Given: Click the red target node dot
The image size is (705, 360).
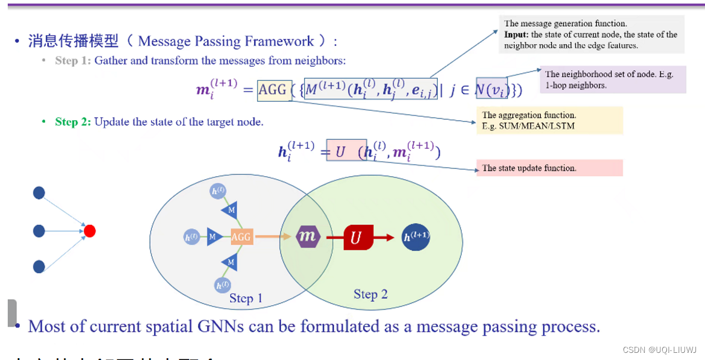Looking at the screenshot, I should [x=90, y=231].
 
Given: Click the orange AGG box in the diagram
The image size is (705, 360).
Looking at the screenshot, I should [x=241, y=237].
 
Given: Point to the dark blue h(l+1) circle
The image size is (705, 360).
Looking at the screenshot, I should [x=416, y=237].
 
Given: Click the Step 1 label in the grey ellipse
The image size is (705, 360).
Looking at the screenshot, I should [x=246, y=298].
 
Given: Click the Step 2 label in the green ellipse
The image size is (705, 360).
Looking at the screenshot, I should [x=371, y=294].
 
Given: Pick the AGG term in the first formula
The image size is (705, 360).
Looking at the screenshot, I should [x=272, y=90].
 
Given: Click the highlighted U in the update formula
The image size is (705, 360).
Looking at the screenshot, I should [x=341, y=152].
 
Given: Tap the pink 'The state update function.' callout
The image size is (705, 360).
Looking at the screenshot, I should [x=549, y=168].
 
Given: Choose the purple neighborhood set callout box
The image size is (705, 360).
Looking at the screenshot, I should [x=613, y=80].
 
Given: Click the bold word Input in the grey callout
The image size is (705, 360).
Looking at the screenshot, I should [x=516, y=35].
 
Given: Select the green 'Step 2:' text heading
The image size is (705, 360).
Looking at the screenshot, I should [x=73, y=122].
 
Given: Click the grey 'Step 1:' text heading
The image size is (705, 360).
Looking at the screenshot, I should [x=73, y=61].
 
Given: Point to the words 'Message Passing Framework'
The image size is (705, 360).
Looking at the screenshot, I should [x=226, y=41].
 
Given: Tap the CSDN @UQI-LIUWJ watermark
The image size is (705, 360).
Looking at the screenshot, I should [x=660, y=350].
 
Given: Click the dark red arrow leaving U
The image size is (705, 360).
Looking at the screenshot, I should [x=384, y=237].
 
